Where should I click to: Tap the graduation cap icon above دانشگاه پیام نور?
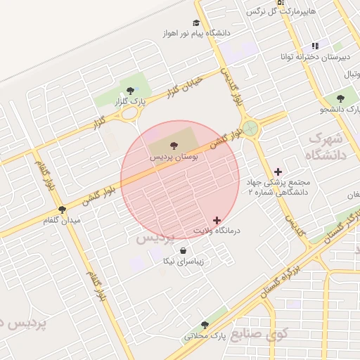click(196, 22)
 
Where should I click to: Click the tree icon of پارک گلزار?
click(130, 91)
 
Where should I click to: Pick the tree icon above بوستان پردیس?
click(174, 145)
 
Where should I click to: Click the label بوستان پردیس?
click(174, 157)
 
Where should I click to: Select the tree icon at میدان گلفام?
click(62, 209)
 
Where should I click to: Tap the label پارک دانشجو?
click(340, 110)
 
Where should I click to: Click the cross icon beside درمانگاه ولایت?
click(216, 220)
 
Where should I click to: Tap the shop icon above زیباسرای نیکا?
click(183, 250)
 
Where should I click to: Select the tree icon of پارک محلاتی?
click(205, 325)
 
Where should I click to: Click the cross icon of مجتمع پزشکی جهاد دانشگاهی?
click(278, 171)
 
